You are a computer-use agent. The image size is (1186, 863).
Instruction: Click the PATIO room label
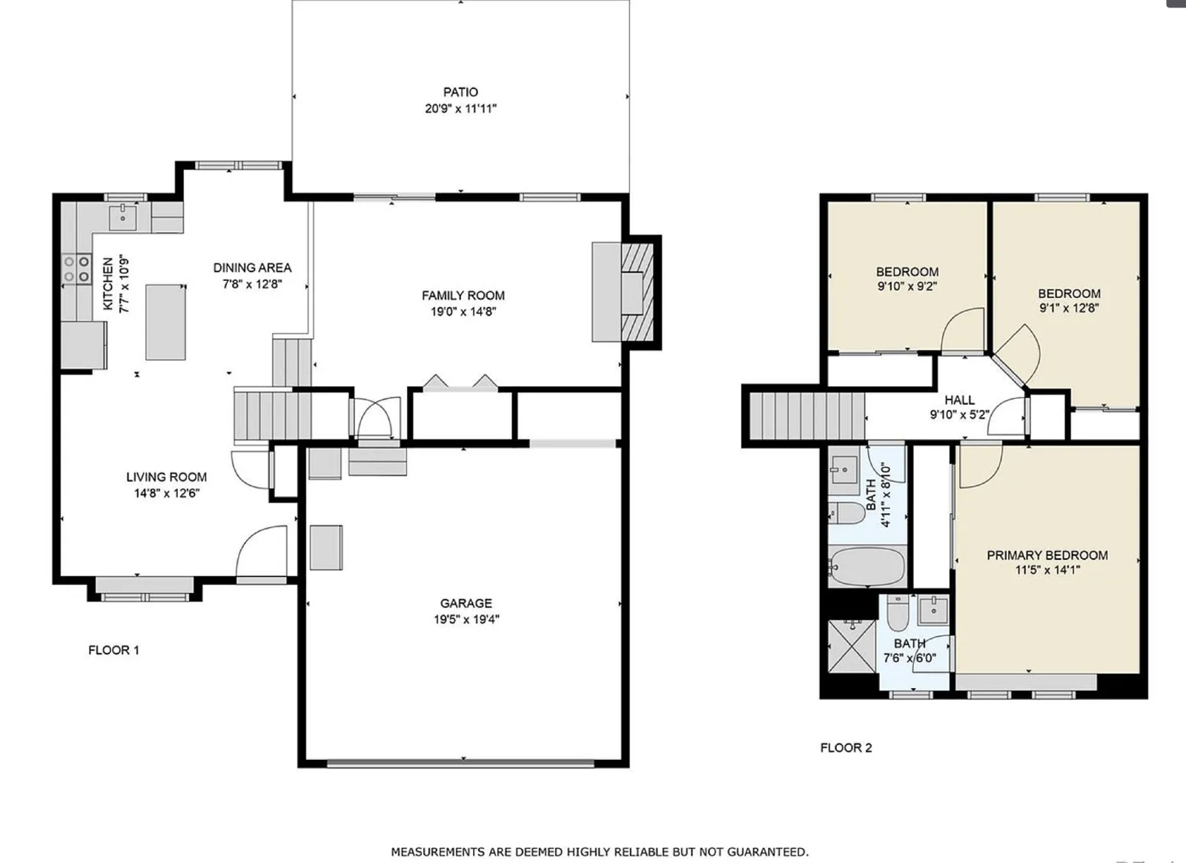pyautogui.click(x=460, y=92)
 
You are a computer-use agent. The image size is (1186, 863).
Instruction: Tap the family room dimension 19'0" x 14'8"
pyautogui.click(x=463, y=311)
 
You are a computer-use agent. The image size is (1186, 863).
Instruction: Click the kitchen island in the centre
pyautogui.click(x=166, y=322)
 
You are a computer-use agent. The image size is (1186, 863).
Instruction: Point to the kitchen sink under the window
pyautogui.click(x=123, y=217)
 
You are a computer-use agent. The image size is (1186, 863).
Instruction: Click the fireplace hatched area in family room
pyautogui.click(x=638, y=291)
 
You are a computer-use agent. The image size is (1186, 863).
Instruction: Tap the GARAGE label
pyautogui.click(x=466, y=603)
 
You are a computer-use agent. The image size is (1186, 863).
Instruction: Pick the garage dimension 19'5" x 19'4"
pyautogui.click(x=466, y=619)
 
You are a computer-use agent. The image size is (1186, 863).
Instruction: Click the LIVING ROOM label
pyautogui.click(x=166, y=477)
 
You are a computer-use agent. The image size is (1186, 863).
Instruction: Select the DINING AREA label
pyautogui.click(x=252, y=268)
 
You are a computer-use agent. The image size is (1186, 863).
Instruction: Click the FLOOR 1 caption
pyautogui.click(x=114, y=649)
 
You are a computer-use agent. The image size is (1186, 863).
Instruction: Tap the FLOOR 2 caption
pyautogui.click(x=846, y=747)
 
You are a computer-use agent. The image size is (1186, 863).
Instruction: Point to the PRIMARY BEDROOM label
pyautogui.click(x=1047, y=555)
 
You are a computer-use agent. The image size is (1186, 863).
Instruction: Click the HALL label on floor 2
pyautogui.click(x=959, y=400)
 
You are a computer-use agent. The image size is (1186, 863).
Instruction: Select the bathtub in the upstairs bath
pyautogui.click(x=867, y=566)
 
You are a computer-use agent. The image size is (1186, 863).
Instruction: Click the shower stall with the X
pyautogui.click(x=852, y=646)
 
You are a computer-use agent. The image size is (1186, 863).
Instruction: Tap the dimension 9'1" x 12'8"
pyautogui.click(x=1069, y=308)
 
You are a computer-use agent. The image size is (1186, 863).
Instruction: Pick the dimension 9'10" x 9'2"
pyautogui.click(x=907, y=286)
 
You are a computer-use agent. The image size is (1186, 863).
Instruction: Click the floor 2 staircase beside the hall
pyautogui.click(x=807, y=416)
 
